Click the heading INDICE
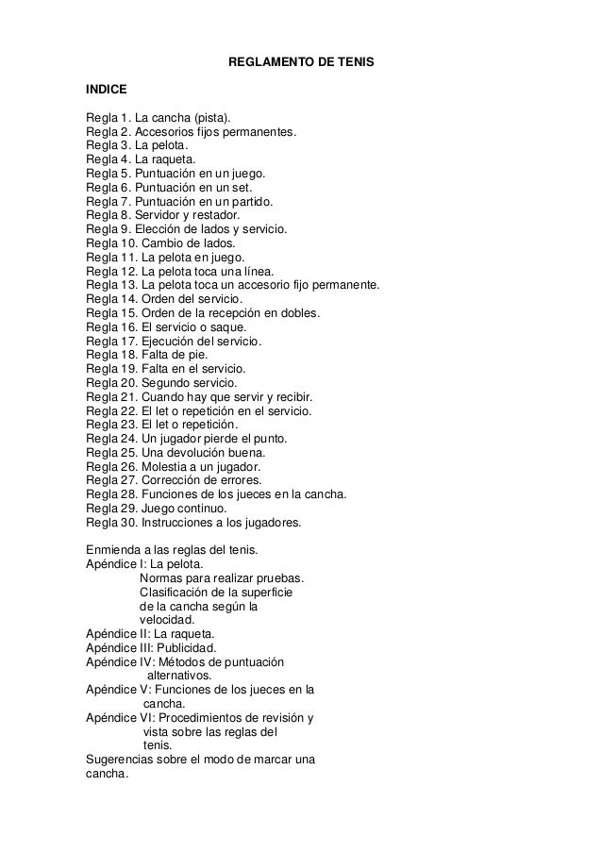tap(106, 92)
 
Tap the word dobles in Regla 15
tap(302, 312)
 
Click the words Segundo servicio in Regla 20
tap(190, 381)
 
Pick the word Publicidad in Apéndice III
tap(186, 647)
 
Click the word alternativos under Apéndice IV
tap(179, 676)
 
